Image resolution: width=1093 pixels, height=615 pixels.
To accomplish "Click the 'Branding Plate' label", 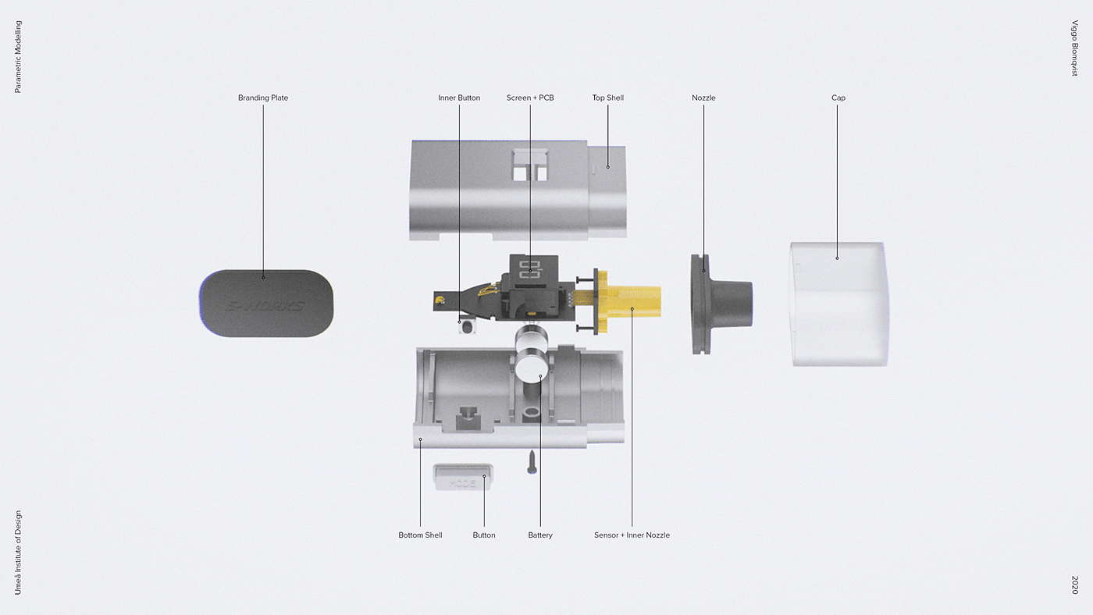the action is (x=263, y=98).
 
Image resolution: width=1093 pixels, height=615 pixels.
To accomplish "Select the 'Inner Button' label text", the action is (x=459, y=98).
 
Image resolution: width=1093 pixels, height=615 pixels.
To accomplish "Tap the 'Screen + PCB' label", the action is (x=530, y=98).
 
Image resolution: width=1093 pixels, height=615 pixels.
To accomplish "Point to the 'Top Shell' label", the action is (x=607, y=98).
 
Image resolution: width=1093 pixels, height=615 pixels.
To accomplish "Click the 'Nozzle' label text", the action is (x=703, y=98).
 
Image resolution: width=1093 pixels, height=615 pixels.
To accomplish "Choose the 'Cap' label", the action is (x=838, y=98).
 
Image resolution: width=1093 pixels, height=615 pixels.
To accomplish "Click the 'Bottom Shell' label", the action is (x=420, y=535).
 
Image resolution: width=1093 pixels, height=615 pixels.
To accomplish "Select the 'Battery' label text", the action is (x=539, y=535).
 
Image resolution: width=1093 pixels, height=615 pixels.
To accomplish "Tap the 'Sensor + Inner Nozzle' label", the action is (x=632, y=535).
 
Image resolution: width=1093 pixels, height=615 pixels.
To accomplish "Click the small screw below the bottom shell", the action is (x=532, y=462).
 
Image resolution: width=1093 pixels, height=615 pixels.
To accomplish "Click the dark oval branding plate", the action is (x=266, y=304).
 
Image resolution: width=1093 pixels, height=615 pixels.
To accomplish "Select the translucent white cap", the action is (x=839, y=304).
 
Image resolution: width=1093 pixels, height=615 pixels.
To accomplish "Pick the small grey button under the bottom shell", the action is (x=462, y=478).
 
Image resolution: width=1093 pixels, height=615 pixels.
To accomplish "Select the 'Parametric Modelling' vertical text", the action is (x=19, y=57).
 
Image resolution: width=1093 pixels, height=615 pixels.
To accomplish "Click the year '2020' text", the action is (x=1074, y=585).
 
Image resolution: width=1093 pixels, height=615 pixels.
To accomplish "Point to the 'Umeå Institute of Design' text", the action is (x=19, y=553).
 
